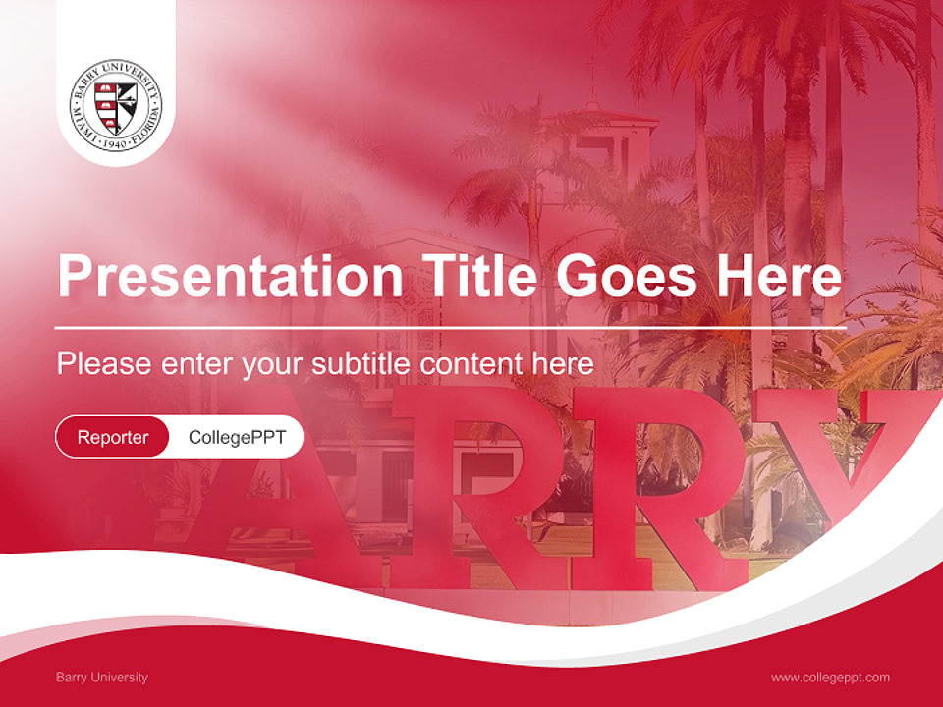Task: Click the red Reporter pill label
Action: [x=113, y=437]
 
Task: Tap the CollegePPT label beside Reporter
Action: [x=237, y=437]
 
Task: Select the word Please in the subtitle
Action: [x=104, y=364]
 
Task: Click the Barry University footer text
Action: [x=102, y=677]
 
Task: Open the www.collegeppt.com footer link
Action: [x=830, y=677]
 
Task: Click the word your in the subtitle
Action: [x=275, y=364]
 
